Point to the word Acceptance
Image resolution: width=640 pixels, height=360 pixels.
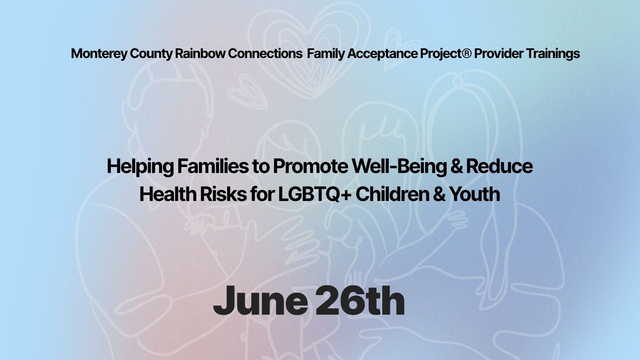382,54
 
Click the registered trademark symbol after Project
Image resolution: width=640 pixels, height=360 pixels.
467,53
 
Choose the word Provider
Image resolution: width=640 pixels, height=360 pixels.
499,53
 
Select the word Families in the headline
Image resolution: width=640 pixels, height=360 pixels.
213,166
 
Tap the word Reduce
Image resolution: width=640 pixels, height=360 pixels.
499,166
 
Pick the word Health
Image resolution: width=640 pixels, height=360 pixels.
168,194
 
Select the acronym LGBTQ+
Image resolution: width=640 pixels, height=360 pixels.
315,194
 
